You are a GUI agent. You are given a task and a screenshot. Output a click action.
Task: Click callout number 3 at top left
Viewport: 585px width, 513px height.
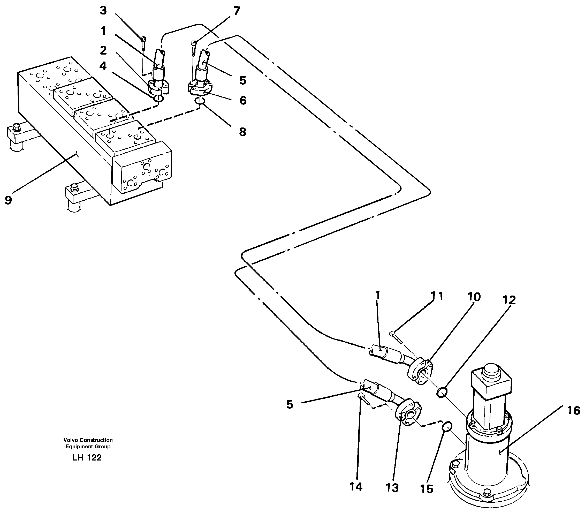pyautogui.click(x=103, y=11)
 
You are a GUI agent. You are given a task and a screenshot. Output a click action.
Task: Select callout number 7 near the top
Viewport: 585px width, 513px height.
pyautogui.click(x=236, y=11)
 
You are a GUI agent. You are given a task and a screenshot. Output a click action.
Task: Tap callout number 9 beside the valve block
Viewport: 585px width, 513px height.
pyautogui.click(x=8, y=200)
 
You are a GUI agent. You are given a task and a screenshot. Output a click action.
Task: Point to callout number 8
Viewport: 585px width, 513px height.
pyautogui.click(x=242, y=132)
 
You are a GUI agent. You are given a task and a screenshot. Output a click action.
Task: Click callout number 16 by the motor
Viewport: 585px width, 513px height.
pyautogui.click(x=573, y=411)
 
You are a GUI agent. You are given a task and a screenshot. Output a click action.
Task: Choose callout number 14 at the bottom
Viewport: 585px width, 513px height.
pyautogui.click(x=356, y=487)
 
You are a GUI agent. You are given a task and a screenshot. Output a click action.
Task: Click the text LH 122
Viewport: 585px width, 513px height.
pyautogui.click(x=87, y=458)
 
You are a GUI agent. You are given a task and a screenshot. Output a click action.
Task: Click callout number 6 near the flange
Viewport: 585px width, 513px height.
pyautogui.click(x=243, y=101)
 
